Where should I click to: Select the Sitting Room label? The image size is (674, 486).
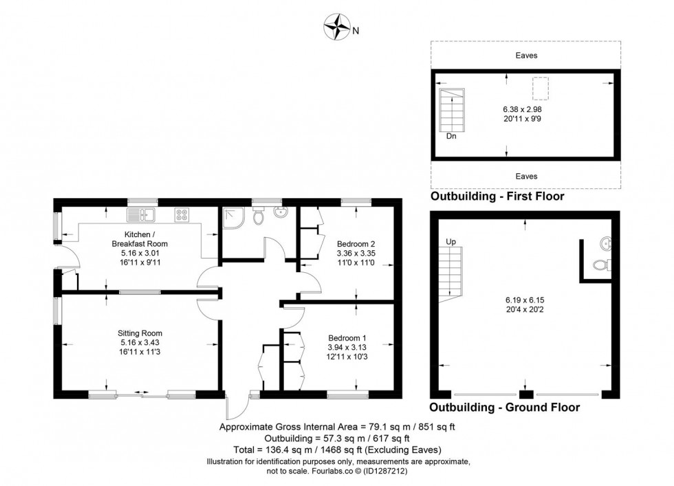[140, 333]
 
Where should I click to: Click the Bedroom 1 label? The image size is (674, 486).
[347, 338]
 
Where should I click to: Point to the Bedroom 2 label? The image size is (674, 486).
[356, 243]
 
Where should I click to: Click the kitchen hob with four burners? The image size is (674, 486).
[182, 215]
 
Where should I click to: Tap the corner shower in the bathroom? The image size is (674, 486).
[232, 218]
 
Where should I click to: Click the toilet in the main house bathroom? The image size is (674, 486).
[258, 217]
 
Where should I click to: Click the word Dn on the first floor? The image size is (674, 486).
[450, 136]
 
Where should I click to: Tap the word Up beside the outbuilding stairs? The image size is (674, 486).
[451, 242]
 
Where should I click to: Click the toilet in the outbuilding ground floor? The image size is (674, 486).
[600, 267]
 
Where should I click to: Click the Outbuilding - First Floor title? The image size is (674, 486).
[497, 197]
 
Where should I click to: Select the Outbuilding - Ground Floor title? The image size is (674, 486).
[504, 408]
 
